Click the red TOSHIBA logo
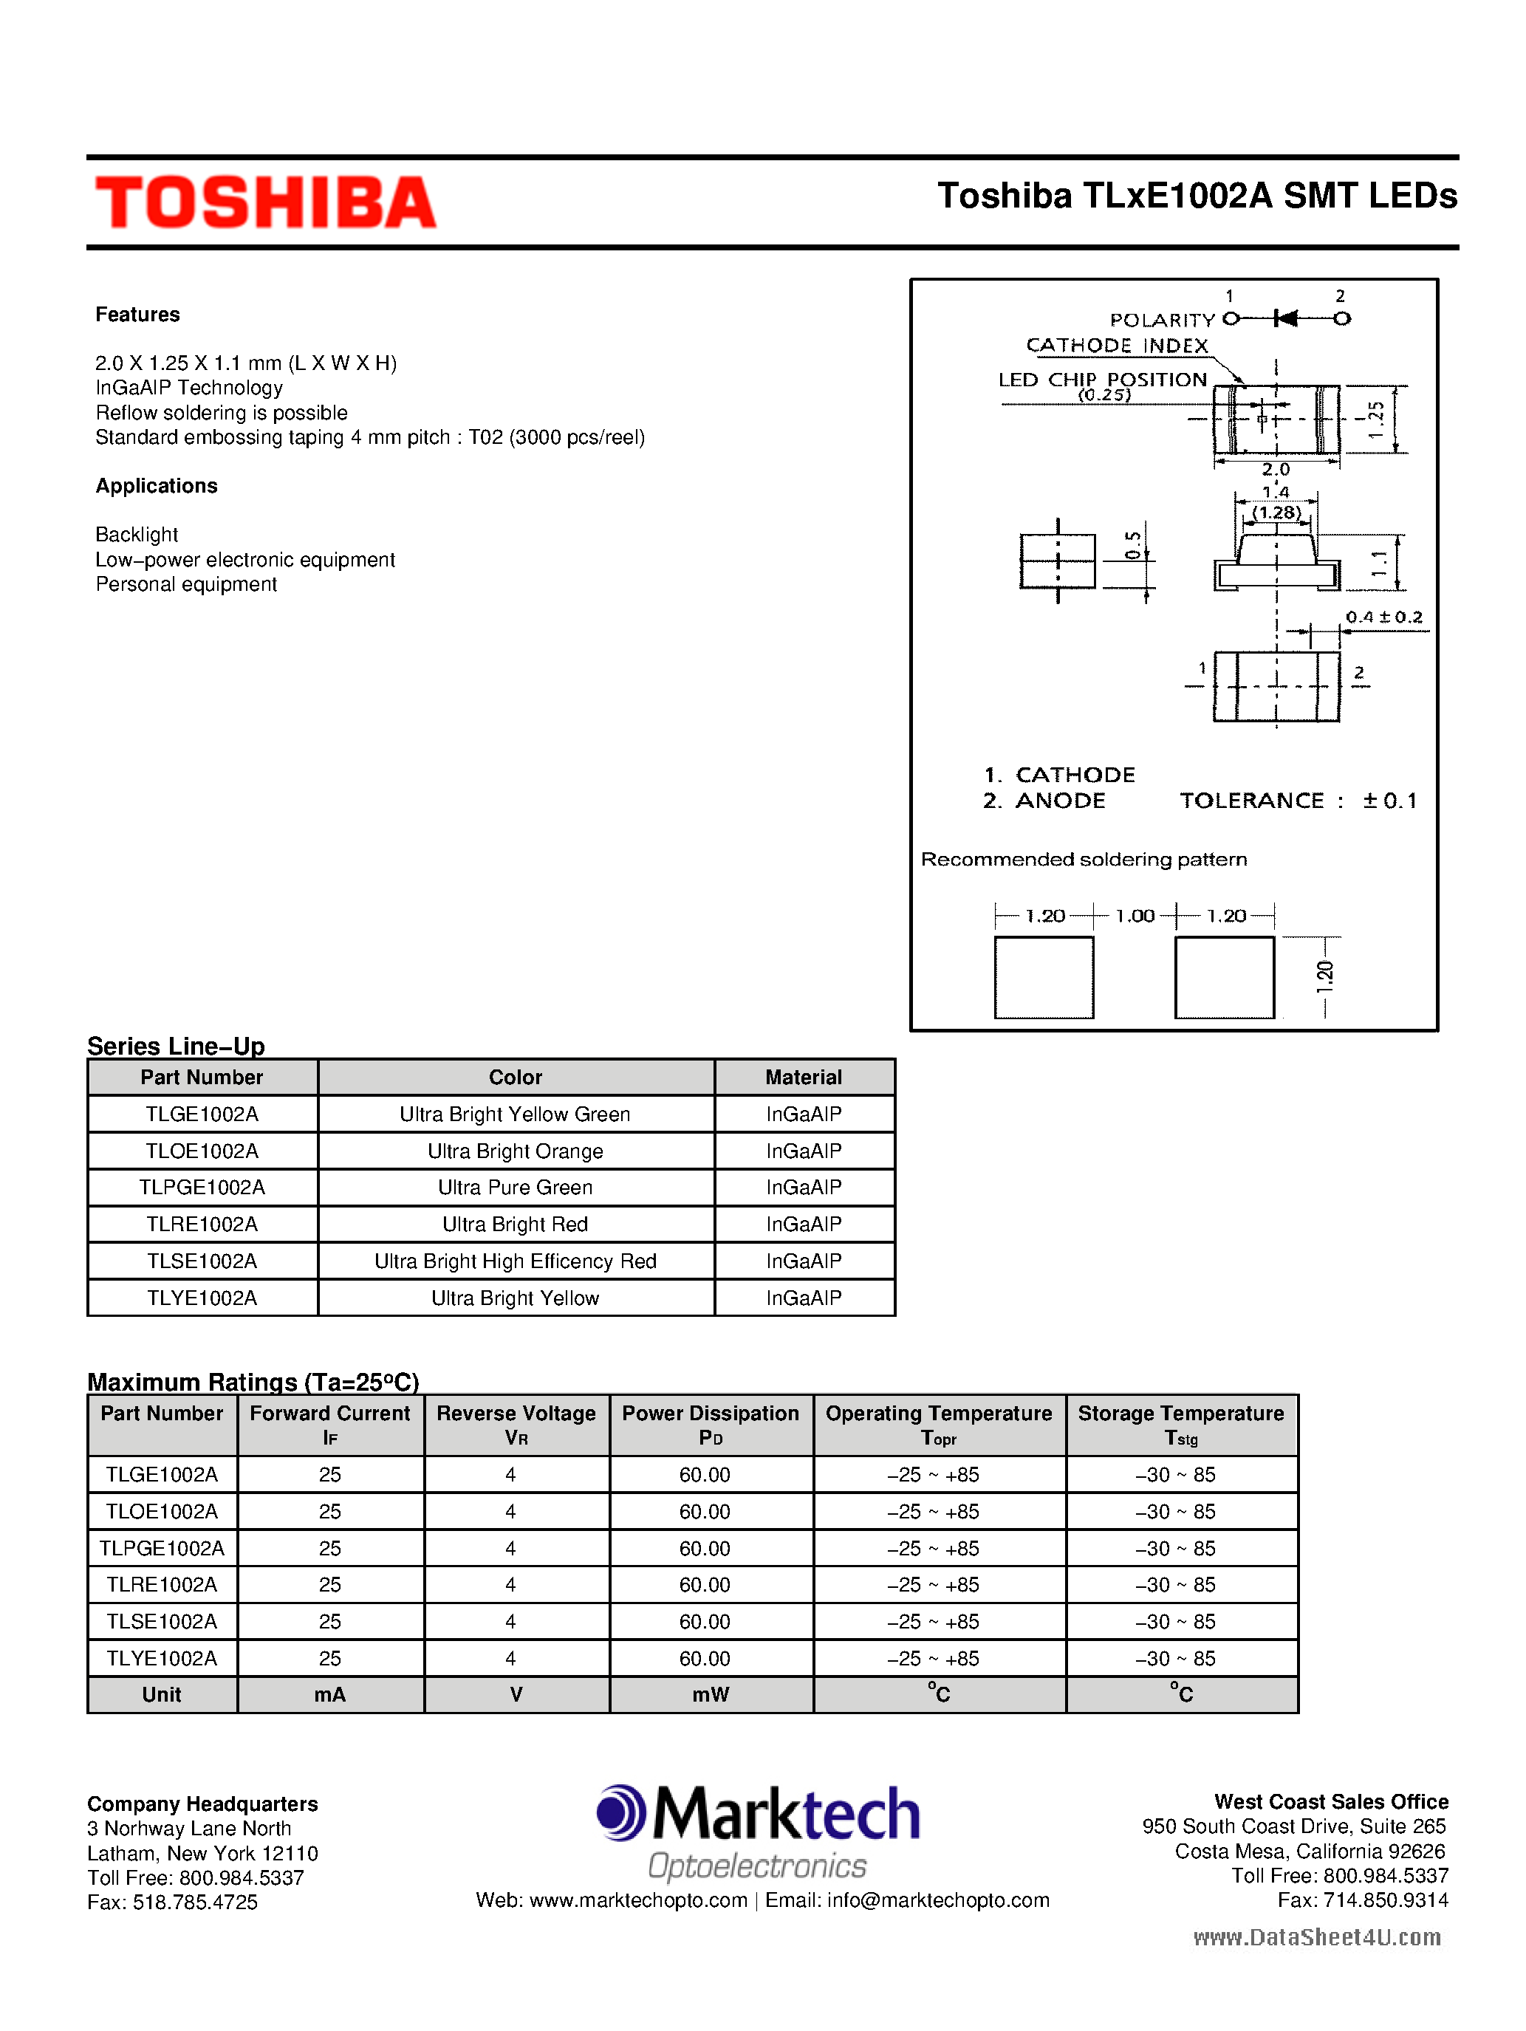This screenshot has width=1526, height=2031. [265, 202]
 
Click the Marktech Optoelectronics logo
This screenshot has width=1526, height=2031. [759, 1830]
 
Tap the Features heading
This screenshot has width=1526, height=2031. [137, 315]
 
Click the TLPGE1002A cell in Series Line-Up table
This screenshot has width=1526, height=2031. [202, 1187]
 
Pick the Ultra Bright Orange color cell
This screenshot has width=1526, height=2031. [515, 1151]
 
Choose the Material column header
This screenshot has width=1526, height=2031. [804, 1077]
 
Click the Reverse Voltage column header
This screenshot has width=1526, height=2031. [516, 1424]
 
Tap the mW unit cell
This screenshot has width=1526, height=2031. [711, 1695]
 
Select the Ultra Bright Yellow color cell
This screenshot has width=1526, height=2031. [515, 1298]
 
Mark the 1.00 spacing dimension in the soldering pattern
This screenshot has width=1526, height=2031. [1135, 915]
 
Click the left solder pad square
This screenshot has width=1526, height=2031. [1044, 978]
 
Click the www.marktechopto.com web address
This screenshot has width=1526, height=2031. [638, 1900]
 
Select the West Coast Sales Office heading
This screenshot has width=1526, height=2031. [1330, 1801]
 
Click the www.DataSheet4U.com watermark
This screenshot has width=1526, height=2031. [1317, 1937]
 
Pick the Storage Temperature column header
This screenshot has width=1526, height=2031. [1181, 1424]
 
